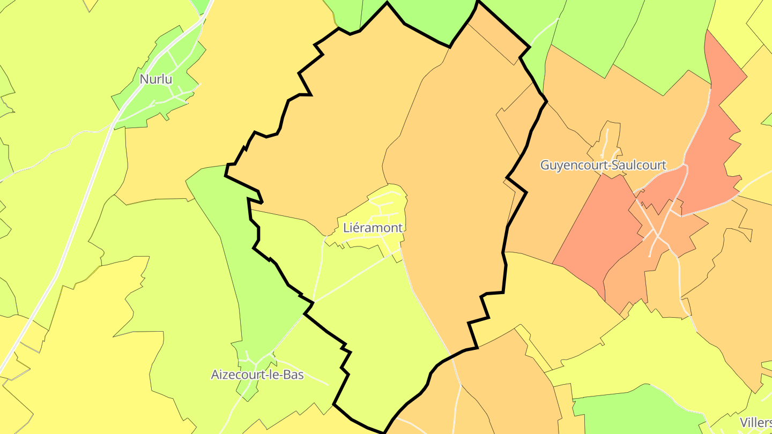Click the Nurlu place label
click(x=156, y=79)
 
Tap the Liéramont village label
click(x=373, y=228)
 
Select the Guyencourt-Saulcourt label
click(x=603, y=165)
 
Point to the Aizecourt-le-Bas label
click(x=257, y=375)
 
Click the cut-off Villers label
click(x=756, y=422)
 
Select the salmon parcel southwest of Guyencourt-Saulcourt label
click(x=595, y=225)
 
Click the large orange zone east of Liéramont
click(x=456, y=188)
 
